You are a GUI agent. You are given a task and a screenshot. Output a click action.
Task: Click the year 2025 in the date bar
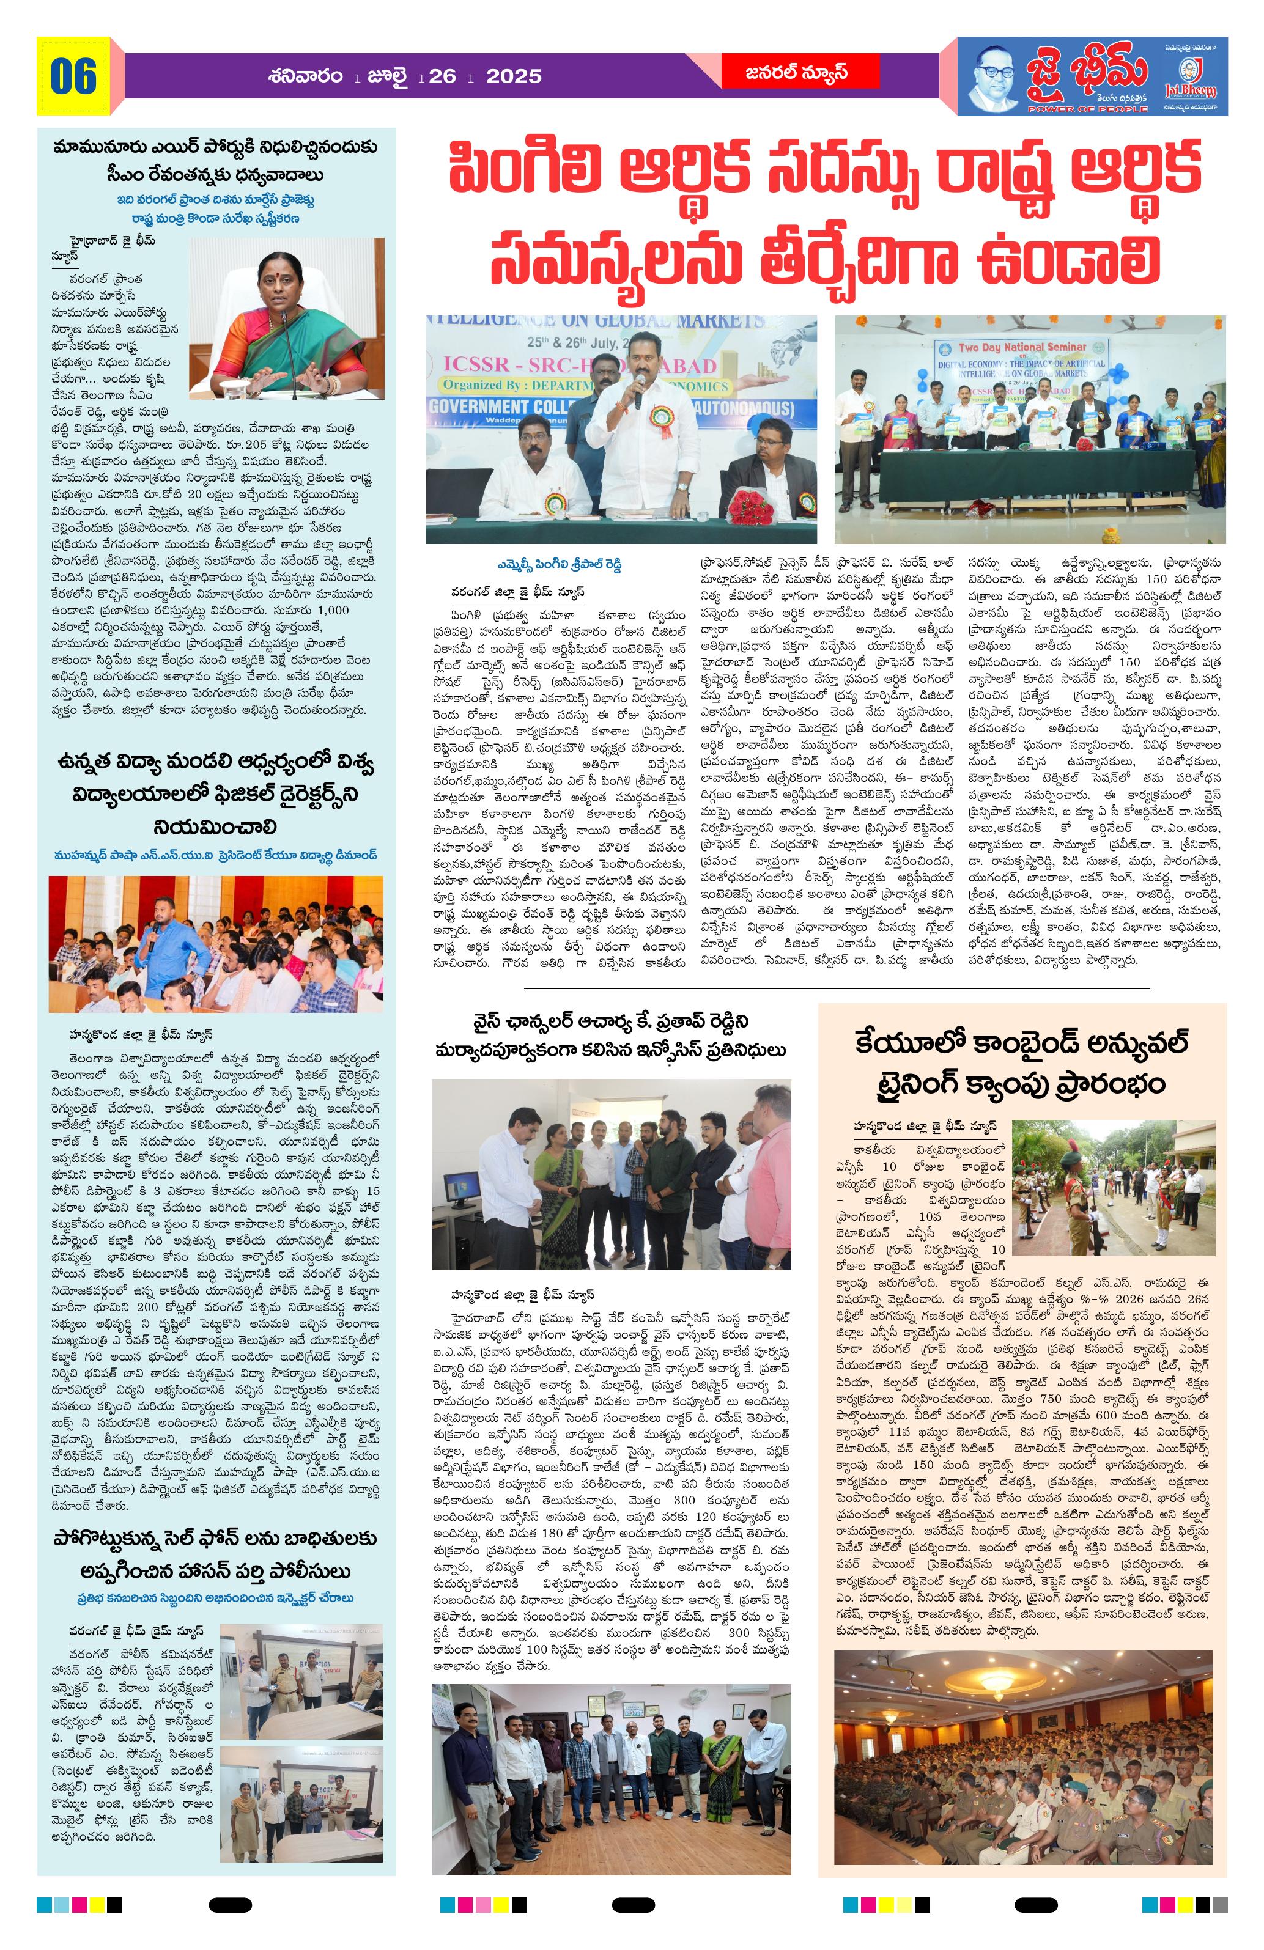(x=514, y=77)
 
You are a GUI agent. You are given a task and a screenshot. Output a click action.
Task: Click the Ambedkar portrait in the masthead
(x=997, y=75)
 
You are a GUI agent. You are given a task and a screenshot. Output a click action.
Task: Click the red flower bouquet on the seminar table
(x=750, y=506)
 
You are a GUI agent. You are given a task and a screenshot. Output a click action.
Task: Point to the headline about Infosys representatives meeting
(x=611, y=1035)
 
